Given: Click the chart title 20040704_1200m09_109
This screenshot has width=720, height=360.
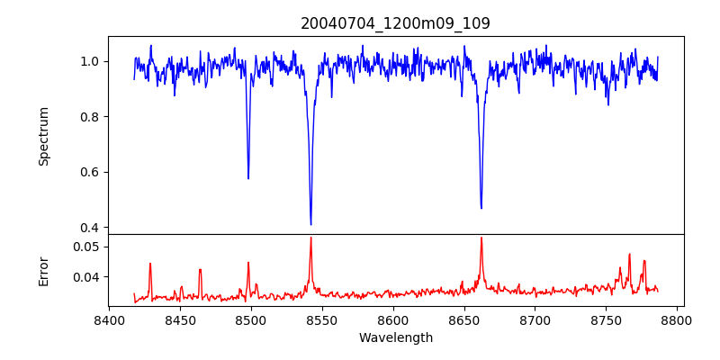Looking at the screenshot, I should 395,23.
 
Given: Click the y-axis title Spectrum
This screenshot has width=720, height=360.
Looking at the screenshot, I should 43,136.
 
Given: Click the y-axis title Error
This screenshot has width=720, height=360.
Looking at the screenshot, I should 43,270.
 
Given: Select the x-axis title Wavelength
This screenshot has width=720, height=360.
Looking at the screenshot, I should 395,338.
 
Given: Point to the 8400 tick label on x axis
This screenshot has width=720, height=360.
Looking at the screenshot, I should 109,319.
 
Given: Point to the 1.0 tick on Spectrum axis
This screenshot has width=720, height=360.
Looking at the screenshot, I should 91,61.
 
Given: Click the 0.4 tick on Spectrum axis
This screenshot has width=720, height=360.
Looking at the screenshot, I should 91,227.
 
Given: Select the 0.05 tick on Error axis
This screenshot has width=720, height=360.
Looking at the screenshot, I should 88,247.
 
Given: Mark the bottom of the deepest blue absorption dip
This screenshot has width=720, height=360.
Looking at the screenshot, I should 310,224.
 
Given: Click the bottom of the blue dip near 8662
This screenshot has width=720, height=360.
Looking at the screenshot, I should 481,208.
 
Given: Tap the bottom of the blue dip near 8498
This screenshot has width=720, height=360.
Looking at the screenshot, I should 248,178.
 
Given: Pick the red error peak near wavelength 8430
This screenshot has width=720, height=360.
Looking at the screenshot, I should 150,264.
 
